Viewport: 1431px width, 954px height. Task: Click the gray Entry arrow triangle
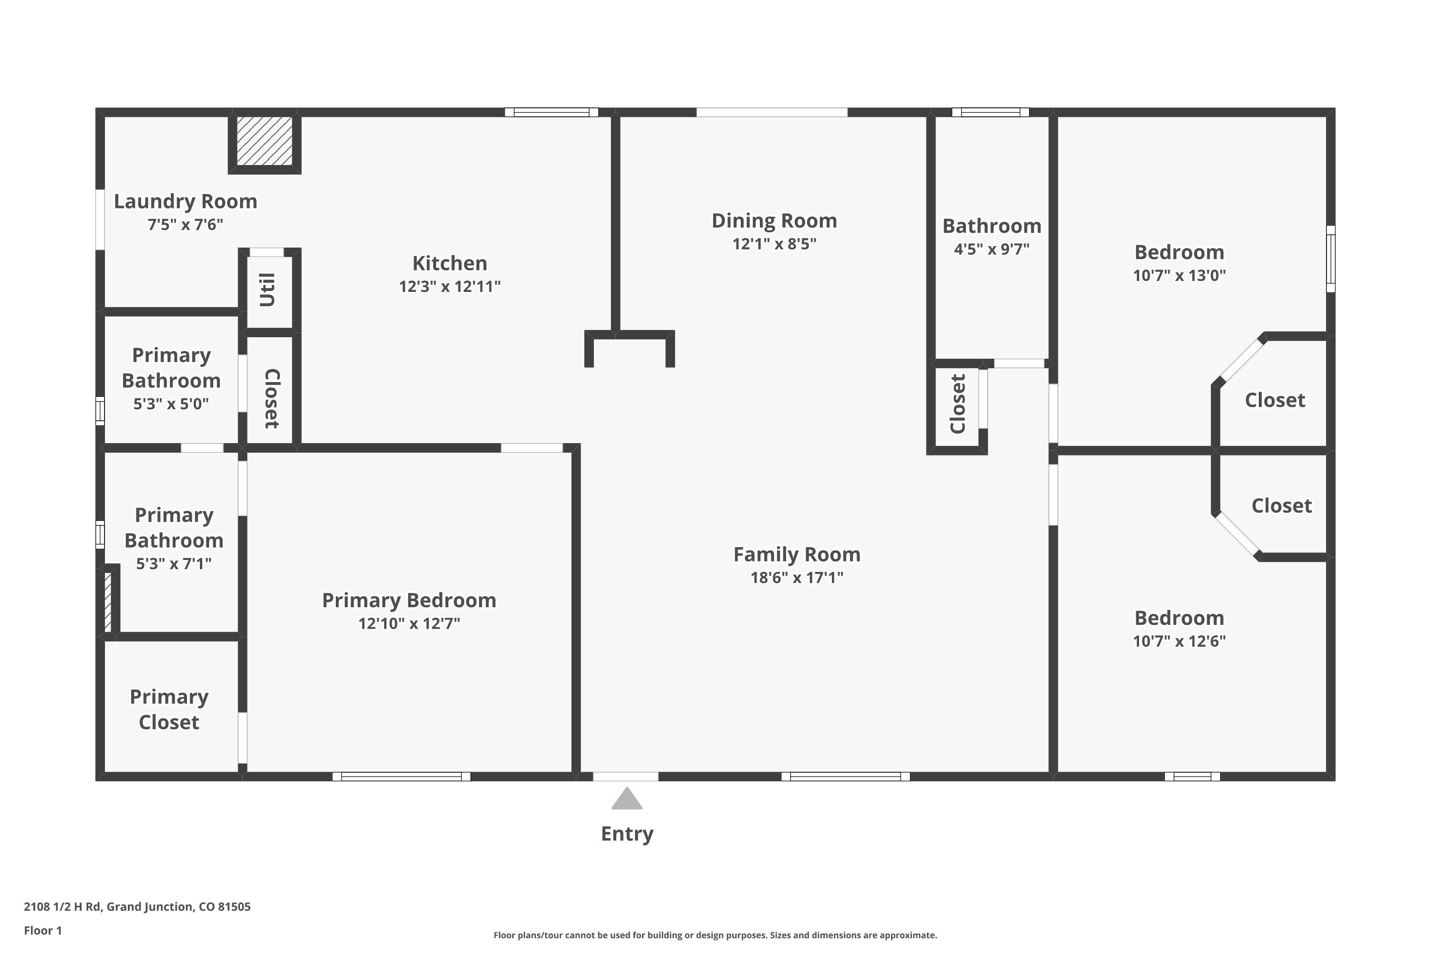click(627, 799)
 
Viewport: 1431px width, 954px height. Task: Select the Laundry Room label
click(186, 201)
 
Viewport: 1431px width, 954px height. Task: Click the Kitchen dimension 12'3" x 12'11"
click(450, 287)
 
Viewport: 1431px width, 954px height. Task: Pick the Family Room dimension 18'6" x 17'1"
click(797, 577)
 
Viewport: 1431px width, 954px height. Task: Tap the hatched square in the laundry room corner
click(265, 141)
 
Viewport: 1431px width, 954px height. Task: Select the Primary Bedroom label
click(409, 601)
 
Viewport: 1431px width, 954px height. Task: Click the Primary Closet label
click(169, 709)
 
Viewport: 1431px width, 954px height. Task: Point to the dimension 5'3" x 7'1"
click(174, 564)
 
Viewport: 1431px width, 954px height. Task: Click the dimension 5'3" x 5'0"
click(171, 404)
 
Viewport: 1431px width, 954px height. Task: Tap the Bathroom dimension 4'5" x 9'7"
click(992, 249)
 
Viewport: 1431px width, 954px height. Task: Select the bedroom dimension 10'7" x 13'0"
click(1179, 276)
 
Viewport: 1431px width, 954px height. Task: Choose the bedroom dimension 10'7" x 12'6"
click(1179, 641)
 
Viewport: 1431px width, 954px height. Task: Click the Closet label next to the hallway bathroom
click(958, 404)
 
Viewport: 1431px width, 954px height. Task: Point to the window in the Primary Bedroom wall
click(402, 777)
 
